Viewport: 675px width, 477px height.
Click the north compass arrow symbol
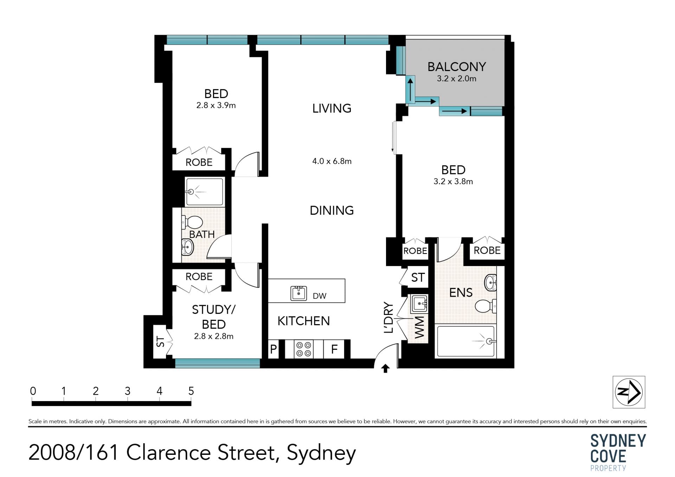(x=629, y=392)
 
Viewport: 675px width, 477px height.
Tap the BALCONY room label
(x=457, y=66)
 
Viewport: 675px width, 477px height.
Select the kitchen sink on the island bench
(x=298, y=293)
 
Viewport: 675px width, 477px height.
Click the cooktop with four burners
(x=303, y=349)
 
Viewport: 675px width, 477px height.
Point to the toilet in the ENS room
(x=486, y=306)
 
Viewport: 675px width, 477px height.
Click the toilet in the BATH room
(x=192, y=222)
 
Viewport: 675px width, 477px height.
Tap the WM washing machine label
(x=419, y=328)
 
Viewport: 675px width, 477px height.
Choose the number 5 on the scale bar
(x=191, y=391)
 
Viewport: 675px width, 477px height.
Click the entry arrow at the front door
(x=386, y=368)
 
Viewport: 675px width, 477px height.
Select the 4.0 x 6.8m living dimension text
(x=332, y=161)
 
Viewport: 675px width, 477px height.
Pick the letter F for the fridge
(x=334, y=349)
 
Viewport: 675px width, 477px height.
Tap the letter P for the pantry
(x=274, y=349)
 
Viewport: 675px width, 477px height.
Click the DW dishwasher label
(x=320, y=296)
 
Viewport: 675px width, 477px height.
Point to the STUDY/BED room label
(x=214, y=317)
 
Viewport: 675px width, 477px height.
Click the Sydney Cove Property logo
(x=618, y=452)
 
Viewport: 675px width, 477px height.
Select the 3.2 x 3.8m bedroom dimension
(x=453, y=181)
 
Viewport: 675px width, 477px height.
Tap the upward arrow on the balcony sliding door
(x=410, y=90)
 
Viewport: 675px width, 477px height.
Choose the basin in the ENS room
(x=491, y=283)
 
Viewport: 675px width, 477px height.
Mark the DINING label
(x=332, y=210)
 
